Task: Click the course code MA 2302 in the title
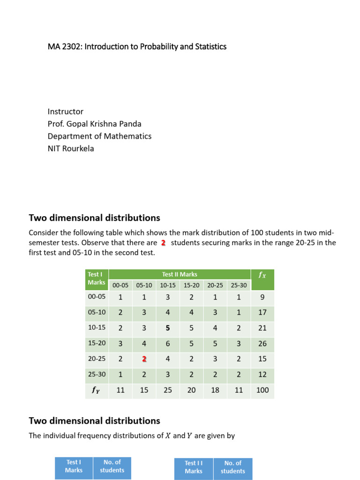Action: point(64,46)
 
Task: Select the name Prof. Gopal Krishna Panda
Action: point(94,124)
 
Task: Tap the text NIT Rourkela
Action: point(70,149)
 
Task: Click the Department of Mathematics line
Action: point(99,136)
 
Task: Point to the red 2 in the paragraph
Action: point(163,243)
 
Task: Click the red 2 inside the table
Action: point(144,359)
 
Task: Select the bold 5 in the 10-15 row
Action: point(168,328)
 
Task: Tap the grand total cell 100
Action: point(262,390)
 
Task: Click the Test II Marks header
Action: point(180,274)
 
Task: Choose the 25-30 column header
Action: point(239,285)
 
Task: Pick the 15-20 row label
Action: point(97,343)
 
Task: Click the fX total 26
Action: point(262,344)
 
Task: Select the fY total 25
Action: point(168,390)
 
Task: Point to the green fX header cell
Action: point(262,279)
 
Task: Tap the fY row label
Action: point(97,390)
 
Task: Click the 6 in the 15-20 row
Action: point(168,344)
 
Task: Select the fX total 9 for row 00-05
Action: point(262,297)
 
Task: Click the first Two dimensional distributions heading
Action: point(94,218)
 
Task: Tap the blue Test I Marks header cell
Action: point(74,466)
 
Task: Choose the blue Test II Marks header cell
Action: point(193,467)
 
